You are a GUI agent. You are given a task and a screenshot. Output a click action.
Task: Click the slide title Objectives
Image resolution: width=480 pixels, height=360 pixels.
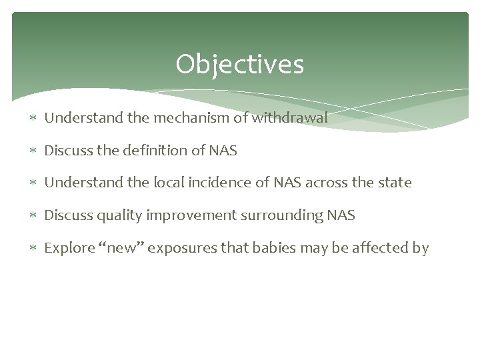coord(240,65)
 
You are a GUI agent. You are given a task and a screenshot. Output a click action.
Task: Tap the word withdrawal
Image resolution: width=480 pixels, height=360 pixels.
coord(291,119)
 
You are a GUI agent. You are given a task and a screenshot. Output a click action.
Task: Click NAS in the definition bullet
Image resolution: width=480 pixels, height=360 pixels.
coord(223,151)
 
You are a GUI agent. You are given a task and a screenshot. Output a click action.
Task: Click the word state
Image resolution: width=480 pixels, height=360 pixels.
coord(396,183)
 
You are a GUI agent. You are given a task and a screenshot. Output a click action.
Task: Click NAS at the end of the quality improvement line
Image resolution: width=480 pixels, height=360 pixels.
coord(341,216)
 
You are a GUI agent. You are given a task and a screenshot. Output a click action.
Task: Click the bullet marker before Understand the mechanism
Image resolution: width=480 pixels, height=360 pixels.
coord(35,119)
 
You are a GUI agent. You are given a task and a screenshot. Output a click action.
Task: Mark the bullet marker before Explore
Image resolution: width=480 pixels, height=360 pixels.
coord(35,249)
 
